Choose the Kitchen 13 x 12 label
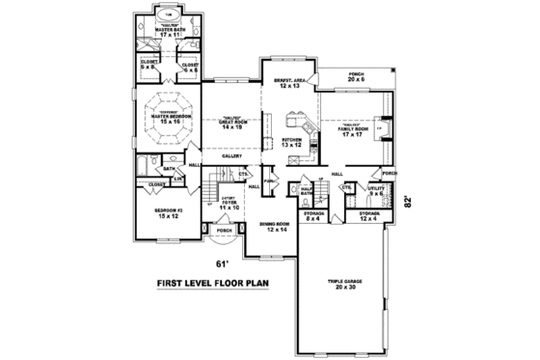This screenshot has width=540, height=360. (x=293, y=144)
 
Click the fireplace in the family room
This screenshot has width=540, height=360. (x=378, y=125)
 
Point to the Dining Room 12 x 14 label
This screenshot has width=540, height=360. (x=277, y=227)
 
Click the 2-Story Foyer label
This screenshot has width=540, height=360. (x=229, y=205)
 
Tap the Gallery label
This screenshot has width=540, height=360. (x=230, y=154)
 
